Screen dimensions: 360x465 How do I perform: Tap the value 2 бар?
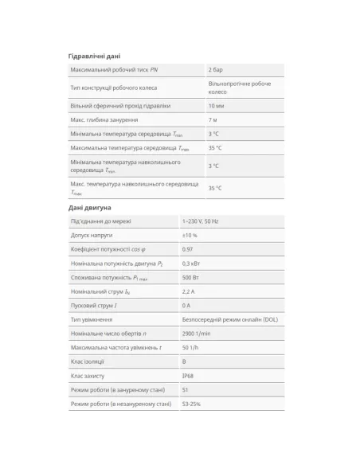(x=215, y=71)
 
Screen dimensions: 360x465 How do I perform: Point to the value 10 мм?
(x=217, y=106)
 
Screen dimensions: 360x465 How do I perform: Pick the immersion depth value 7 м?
(x=213, y=119)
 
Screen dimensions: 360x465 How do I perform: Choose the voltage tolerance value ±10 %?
(x=190, y=236)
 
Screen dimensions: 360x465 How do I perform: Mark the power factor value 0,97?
(x=188, y=249)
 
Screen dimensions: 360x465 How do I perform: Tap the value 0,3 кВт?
(x=191, y=264)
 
